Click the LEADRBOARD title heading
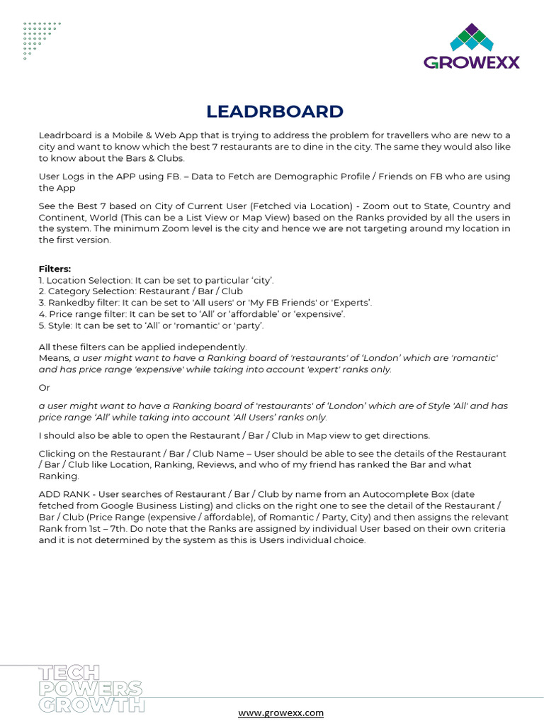pos(275,112)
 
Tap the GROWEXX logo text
pos(472,62)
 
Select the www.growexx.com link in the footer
pos(280,713)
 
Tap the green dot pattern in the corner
pos(40,39)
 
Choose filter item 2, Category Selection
pos(141,291)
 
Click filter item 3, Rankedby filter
pos(205,303)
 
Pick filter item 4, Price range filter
pos(192,314)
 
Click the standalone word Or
pos(44,388)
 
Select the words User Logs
pos(62,177)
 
